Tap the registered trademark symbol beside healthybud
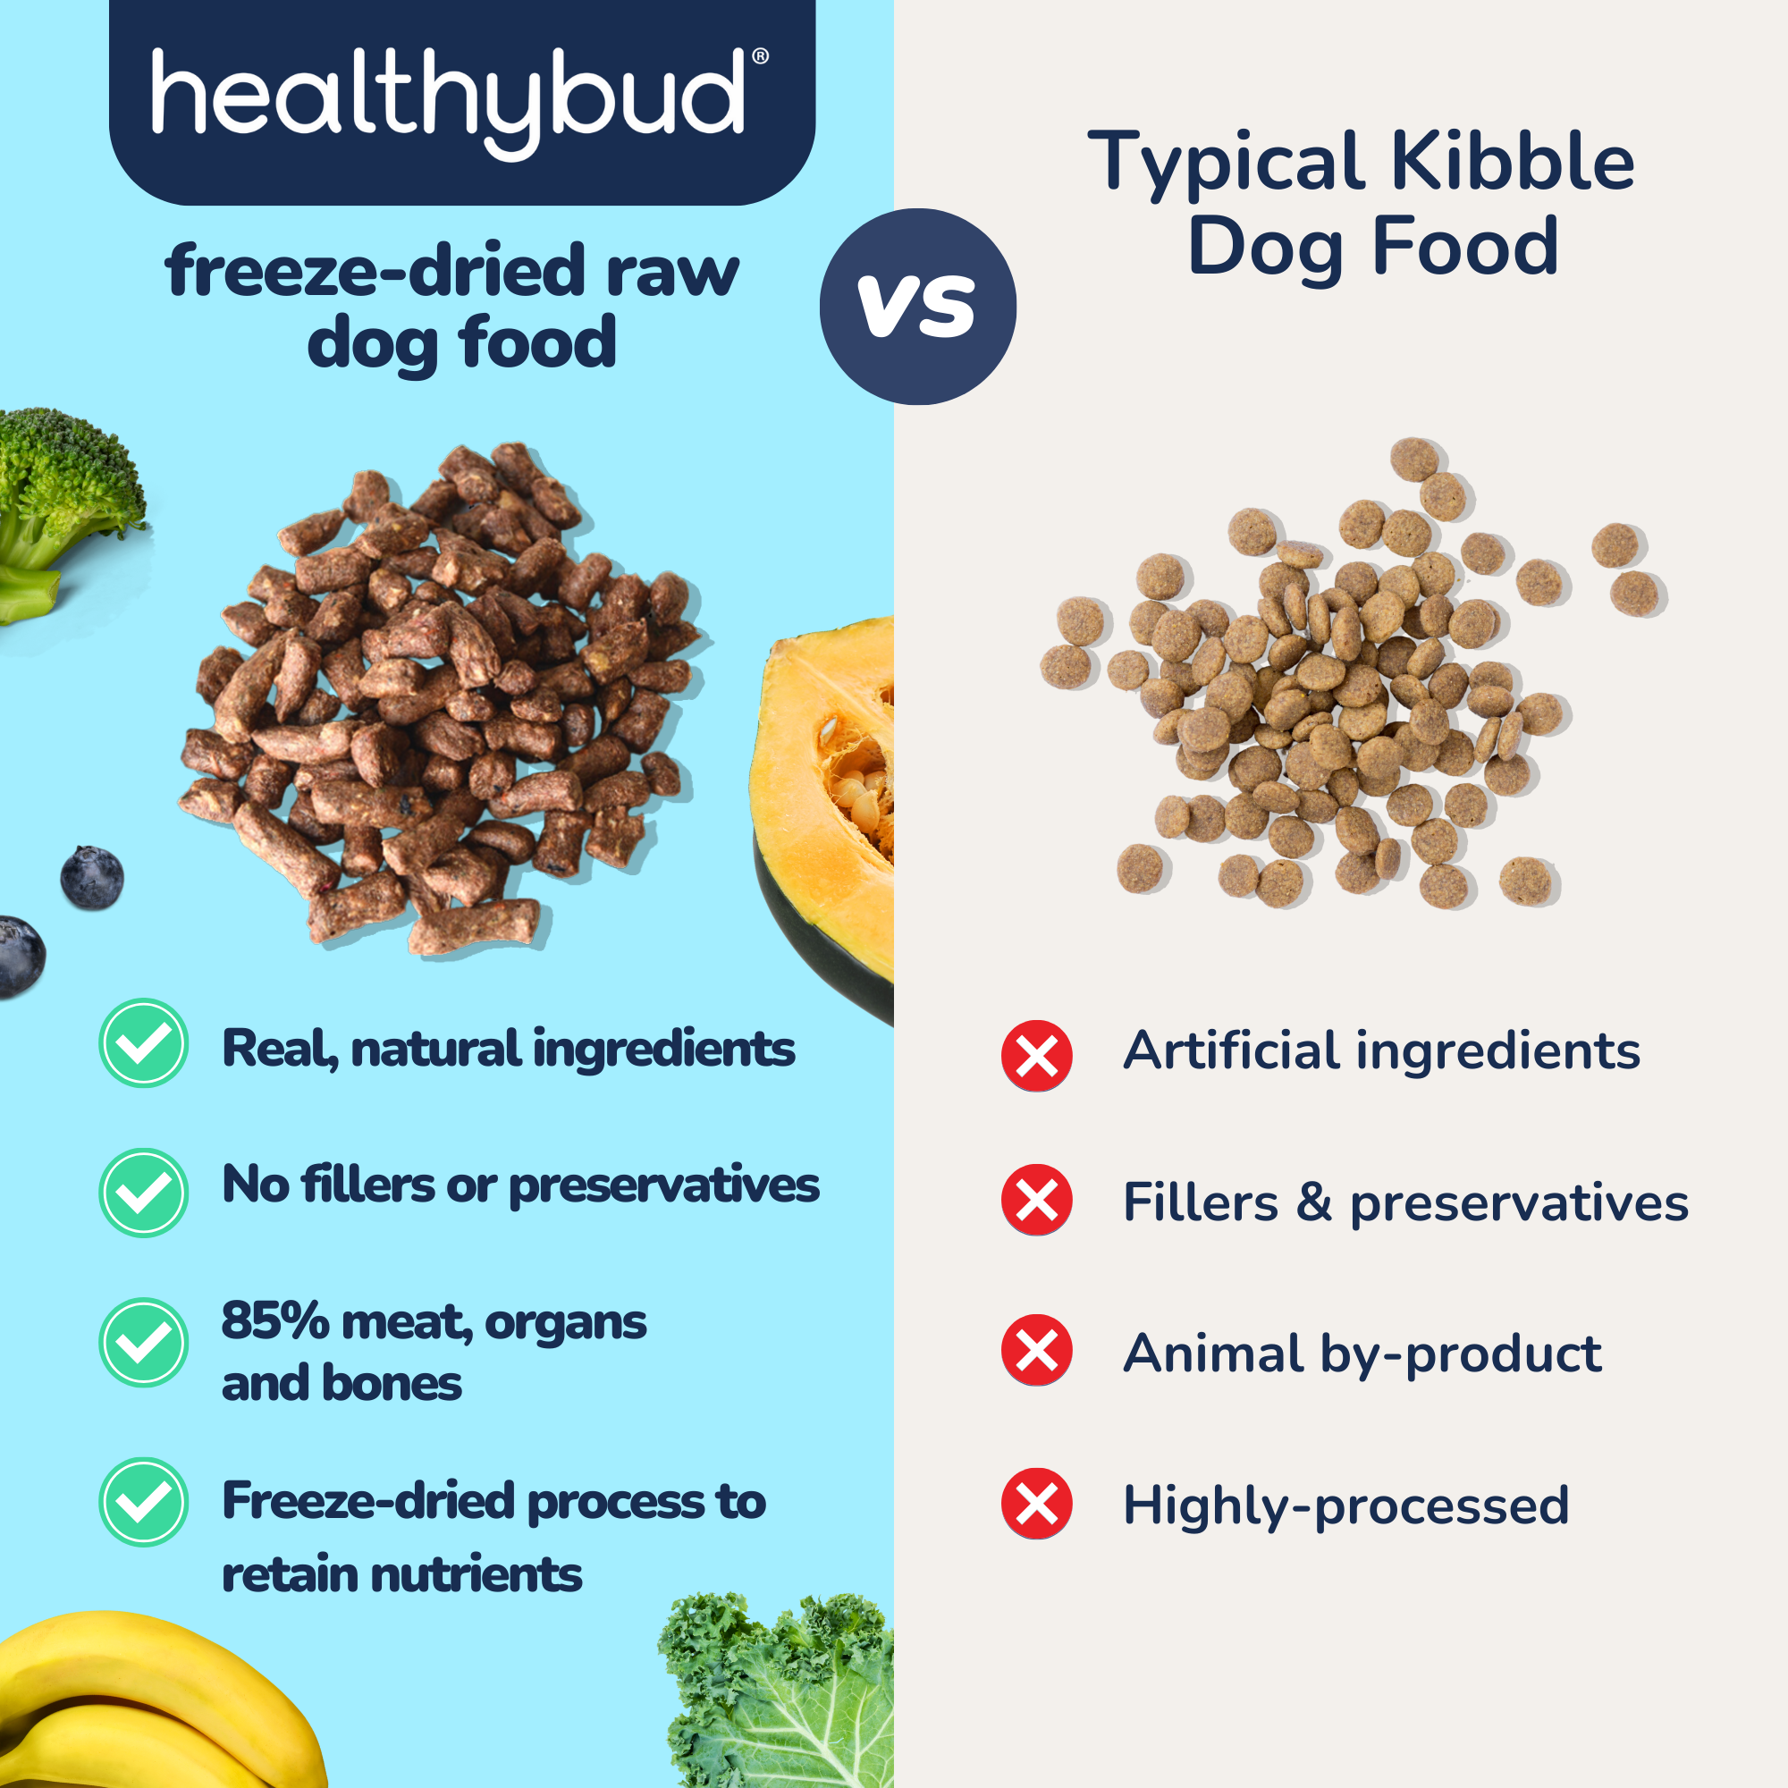point(760,56)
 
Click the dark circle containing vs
point(918,307)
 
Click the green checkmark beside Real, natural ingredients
point(143,1043)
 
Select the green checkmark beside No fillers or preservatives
point(143,1193)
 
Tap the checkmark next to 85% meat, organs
point(143,1342)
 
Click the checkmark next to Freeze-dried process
point(143,1502)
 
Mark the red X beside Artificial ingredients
point(1036,1056)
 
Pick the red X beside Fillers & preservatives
point(1036,1201)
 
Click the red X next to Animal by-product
point(1036,1350)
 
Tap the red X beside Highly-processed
point(1036,1504)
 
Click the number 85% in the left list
point(274,1320)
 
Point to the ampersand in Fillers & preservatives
point(1314,1202)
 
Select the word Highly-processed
point(1345,1506)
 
